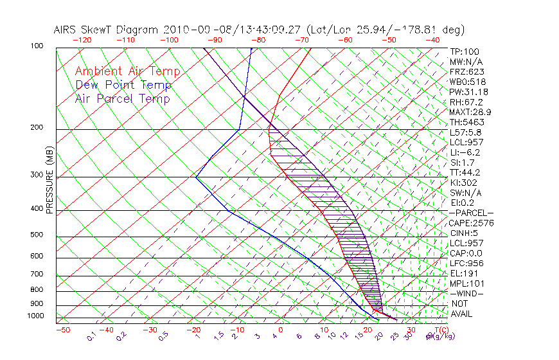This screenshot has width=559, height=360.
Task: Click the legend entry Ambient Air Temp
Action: pyautogui.click(x=127, y=71)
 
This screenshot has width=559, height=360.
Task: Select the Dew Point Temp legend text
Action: pyautogui.click(x=123, y=85)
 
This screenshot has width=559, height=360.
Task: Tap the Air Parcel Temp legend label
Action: pyautogui.click(x=123, y=98)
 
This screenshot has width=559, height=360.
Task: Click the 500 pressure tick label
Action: pyautogui.click(x=37, y=235)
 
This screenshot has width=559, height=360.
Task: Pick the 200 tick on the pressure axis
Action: pyautogui.click(x=37, y=128)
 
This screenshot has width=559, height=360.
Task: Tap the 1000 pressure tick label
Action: pyautogui.click(x=35, y=316)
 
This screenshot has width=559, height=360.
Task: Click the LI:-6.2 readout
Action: pyautogui.click(x=465, y=152)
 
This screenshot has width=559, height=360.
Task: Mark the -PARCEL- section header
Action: pyautogui.click(x=471, y=213)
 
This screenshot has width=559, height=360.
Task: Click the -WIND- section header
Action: pyautogui.click(x=466, y=293)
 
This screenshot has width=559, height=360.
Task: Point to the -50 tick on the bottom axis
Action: pyautogui.click(x=62, y=330)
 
